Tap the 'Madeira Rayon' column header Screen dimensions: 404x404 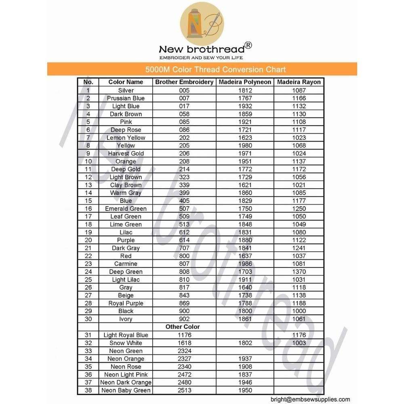point(299,82)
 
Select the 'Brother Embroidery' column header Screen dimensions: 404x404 point(184,82)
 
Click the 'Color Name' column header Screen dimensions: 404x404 point(126,82)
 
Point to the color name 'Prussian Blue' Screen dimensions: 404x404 point(126,98)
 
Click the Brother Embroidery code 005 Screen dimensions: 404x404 point(184,90)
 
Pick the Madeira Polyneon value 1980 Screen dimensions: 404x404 point(245,145)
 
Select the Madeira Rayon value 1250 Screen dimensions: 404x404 point(299,208)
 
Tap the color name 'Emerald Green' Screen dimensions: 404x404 point(126,208)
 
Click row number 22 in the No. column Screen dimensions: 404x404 point(88,256)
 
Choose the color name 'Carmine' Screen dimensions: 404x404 point(126,264)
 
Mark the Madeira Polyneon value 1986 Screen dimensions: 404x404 point(245,264)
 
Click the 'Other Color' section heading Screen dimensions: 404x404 point(183,327)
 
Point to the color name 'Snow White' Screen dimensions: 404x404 point(126,343)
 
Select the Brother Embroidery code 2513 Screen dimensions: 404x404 point(184,390)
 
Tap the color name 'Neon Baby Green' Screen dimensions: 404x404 point(126,390)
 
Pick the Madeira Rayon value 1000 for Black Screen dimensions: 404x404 point(299,311)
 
